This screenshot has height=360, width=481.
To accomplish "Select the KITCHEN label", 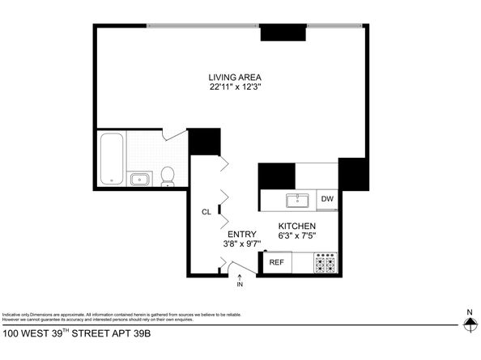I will [x=296, y=226].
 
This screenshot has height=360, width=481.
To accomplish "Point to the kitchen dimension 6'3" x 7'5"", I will [x=296, y=235].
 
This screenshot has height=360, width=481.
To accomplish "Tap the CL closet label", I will [x=206, y=212].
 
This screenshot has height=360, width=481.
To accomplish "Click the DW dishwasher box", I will [x=327, y=199].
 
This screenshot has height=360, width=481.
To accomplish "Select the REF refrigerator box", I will [x=276, y=262].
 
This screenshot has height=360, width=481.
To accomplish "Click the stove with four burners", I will [x=326, y=263].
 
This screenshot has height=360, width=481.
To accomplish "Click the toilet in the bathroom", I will [x=168, y=175].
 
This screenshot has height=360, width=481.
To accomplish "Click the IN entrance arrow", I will [x=240, y=279].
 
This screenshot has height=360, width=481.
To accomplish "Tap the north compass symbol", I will [x=469, y=324].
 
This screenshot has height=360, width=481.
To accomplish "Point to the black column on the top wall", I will [x=283, y=33].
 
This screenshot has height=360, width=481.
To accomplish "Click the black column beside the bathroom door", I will [x=204, y=142].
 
